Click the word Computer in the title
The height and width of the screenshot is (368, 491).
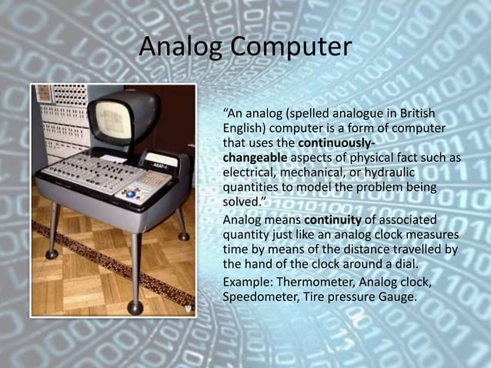pyautogui.click(x=290, y=48)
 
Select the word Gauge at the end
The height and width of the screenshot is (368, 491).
pyautogui.click(x=396, y=295)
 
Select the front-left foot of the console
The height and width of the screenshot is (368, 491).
pyautogui.click(x=52, y=253)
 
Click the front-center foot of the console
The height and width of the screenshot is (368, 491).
pyautogui.click(x=135, y=307)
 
